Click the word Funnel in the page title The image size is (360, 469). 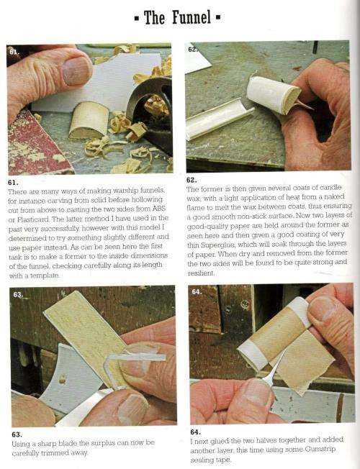tap(192, 17)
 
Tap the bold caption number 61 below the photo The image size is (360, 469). tap(13, 182)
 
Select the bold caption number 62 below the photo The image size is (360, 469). tap(192, 180)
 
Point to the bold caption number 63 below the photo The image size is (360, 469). tap(17, 434)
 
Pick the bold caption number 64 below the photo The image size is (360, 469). tap(196, 432)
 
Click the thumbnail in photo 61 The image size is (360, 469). tap(76, 70)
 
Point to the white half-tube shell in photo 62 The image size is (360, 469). tap(219, 119)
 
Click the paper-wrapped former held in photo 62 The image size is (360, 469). tap(273, 94)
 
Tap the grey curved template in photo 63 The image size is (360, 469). tap(71, 379)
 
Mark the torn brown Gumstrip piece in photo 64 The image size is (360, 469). tap(302, 360)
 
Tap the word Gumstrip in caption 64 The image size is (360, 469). tap(320, 449)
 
